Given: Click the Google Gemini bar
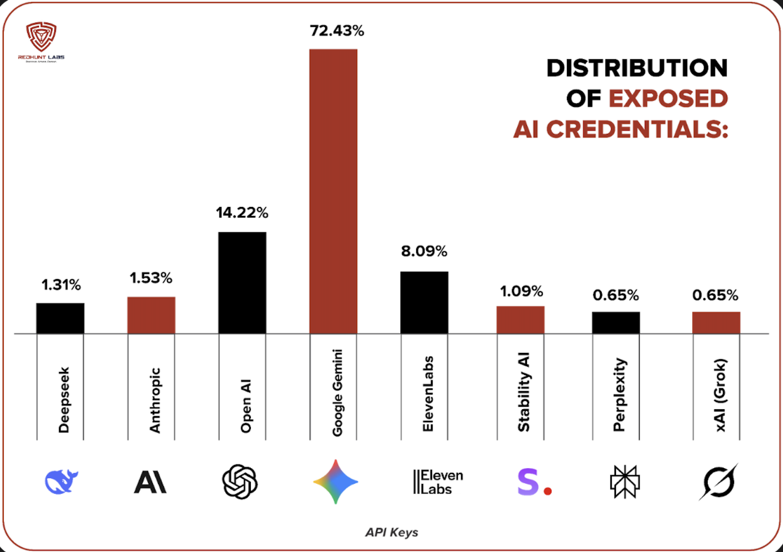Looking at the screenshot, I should [333, 191].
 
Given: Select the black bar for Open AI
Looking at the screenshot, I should [242, 283].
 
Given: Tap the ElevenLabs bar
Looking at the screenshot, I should [424, 302].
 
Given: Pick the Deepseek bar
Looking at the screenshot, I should [60, 318].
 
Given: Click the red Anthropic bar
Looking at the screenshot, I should [151, 315].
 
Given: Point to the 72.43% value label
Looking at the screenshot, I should [337, 31].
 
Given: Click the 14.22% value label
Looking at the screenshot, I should [242, 213].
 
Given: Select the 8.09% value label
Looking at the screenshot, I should [424, 251].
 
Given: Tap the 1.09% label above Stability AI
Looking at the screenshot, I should [521, 291].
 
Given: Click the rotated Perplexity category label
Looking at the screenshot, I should [619, 395].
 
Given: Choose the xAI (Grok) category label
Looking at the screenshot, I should [720, 395].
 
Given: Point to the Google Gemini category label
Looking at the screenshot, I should [337, 392].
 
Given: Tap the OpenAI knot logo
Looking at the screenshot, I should [240, 481].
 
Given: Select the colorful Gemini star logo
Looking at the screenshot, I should [336, 481].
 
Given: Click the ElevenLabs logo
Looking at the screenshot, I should [438, 482].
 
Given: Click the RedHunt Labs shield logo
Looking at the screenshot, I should [41, 37].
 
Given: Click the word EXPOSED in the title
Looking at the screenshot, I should [668, 98].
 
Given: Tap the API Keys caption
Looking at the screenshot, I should [391, 533].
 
